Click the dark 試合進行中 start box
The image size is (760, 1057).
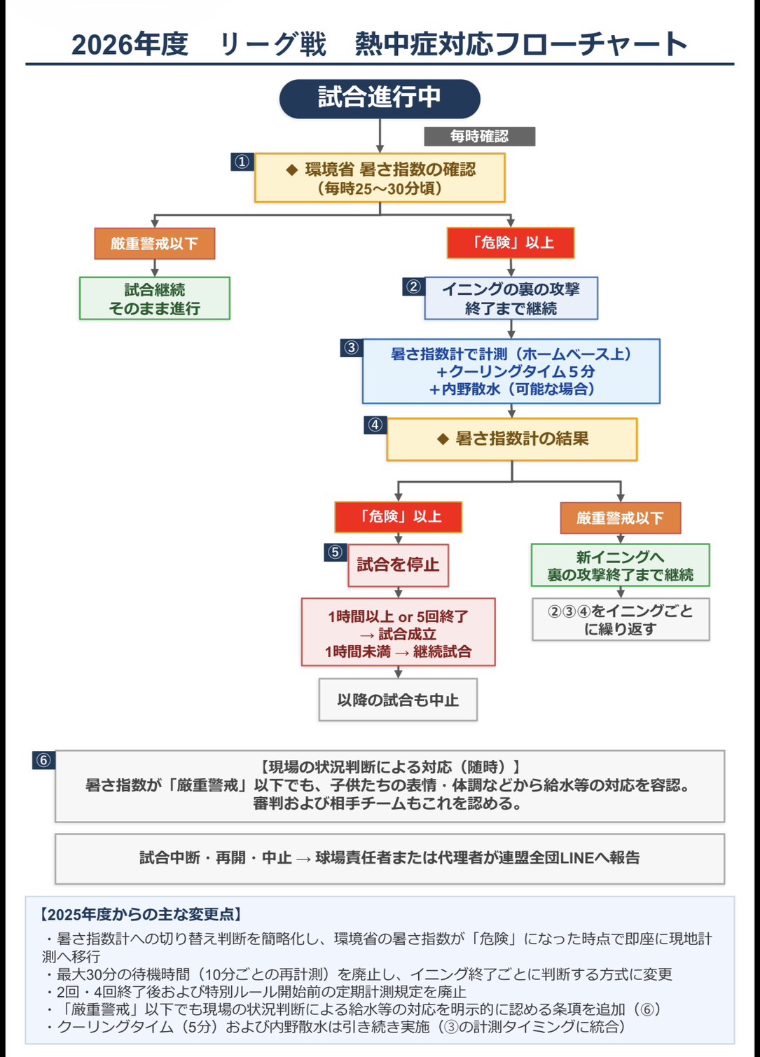[380, 99]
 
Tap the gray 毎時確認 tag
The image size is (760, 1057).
[479, 137]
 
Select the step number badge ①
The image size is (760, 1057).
[242, 162]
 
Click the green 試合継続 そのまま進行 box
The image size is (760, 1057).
[155, 298]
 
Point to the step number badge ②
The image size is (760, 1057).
[414, 286]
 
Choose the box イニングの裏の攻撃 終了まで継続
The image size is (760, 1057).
[511, 298]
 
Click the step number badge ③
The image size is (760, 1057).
[352, 347]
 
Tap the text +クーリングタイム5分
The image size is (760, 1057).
[515, 371]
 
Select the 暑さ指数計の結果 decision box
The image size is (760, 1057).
[512, 439]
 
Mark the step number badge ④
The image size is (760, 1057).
[375, 425]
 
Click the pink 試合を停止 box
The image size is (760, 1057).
[398, 565]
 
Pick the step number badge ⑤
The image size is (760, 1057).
[336, 552]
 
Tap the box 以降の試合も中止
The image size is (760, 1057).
[398, 700]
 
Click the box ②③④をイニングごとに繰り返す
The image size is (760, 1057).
[621, 620]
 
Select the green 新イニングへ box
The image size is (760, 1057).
[621, 565]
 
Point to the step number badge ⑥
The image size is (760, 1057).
[43, 760]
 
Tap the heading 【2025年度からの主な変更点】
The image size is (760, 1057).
[141, 915]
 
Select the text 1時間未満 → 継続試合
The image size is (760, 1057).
[398, 651]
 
